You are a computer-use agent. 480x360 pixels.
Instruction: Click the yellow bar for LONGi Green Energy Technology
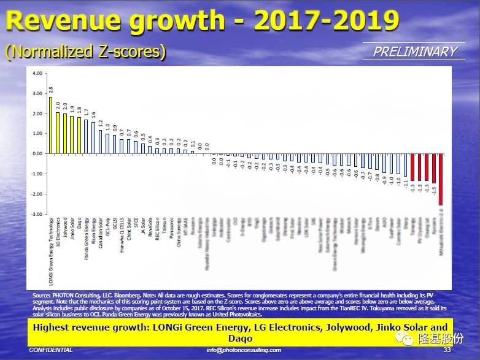coord(50,125)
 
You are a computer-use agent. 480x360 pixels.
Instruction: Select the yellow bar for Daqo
coord(79,135)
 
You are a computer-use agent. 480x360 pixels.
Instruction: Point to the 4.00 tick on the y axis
coord(37,73)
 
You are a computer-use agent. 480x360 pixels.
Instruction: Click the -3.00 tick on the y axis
coord(37,214)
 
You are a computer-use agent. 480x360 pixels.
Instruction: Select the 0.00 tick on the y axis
coord(37,153)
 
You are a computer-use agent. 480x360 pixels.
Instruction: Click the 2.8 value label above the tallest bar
coord(50,90)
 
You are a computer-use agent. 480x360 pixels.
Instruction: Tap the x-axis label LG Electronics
coord(58,230)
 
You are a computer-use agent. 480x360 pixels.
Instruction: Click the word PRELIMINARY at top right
coord(416,52)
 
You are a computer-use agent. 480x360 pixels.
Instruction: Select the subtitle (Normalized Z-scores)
coord(85,52)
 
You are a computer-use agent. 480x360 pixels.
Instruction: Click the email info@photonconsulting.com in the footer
coord(244,350)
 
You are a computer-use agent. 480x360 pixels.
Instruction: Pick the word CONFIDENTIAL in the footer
coord(51,350)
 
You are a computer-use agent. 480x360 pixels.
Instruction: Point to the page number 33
coord(446,350)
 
